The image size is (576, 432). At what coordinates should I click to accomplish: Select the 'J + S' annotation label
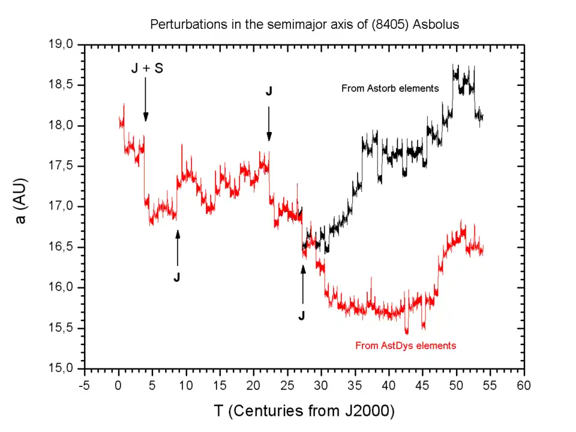click(x=146, y=68)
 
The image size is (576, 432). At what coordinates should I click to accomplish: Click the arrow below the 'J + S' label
click(x=146, y=99)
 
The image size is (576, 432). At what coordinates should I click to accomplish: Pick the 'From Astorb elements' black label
click(x=390, y=88)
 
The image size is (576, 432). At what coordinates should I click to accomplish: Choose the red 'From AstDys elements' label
click(x=406, y=346)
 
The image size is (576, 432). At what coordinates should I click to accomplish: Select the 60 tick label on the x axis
click(x=524, y=384)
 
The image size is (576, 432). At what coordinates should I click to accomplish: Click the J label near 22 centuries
click(x=269, y=92)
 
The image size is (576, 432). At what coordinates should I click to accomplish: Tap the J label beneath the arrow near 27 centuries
click(x=302, y=315)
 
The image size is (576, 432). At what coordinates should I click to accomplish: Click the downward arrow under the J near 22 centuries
click(x=269, y=124)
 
